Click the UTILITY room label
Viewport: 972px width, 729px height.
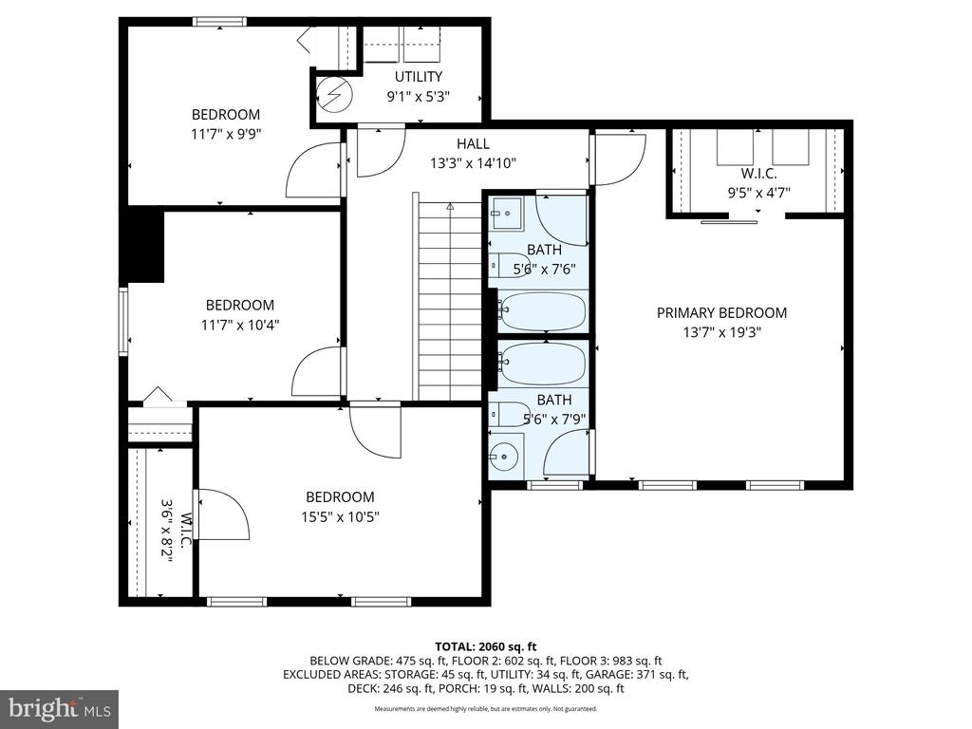click(x=419, y=77)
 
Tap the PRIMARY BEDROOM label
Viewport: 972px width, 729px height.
click(x=721, y=313)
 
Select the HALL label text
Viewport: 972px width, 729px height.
click(x=473, y=144)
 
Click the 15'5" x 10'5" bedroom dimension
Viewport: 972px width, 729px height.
click(x=341, y=517)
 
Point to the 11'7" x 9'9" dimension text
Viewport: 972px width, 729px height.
click(x=226, y=134)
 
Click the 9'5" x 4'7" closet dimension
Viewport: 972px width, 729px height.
click(x=758, y=193)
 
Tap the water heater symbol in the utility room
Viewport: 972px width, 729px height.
click(x=334, y=94)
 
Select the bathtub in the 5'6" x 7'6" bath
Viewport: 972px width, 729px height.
click(x=542, y=311)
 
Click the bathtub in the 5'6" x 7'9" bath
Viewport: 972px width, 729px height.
click(x=542, y=364)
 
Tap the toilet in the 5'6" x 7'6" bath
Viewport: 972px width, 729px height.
click(x=509, y=266)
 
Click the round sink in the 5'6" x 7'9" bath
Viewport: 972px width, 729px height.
click(x=505, y=457)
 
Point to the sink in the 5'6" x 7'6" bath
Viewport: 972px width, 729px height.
click(x=506, y=214)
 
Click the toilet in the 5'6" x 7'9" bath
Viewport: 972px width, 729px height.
click(x=509, y=414)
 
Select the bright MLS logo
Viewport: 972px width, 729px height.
click(x=60, y=707)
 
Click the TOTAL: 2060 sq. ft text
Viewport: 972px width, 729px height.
click(x=485, y=647)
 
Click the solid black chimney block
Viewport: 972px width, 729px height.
click(x=142, y=246)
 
